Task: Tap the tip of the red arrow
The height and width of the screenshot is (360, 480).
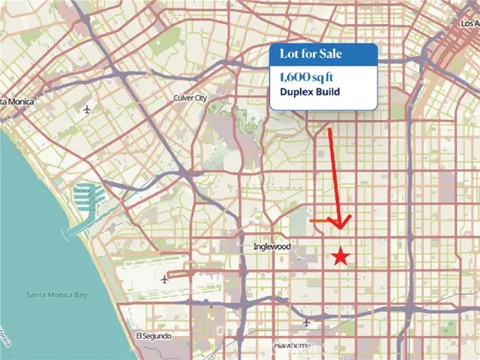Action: (341, 227)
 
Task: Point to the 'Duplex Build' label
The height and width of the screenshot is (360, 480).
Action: (310, 93)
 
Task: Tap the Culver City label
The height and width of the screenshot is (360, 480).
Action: (189, 98)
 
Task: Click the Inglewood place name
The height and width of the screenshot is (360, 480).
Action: (267, 247)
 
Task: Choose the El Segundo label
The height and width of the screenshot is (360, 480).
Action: (154, 336)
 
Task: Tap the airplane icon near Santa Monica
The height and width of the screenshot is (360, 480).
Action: (88, 109)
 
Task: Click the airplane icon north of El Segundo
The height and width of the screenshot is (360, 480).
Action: (164, 279)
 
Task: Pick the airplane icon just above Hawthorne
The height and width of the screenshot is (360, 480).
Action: (306, 322)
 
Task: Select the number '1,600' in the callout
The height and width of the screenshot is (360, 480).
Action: (290, 76)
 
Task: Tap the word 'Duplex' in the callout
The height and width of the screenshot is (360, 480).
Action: (296, 93)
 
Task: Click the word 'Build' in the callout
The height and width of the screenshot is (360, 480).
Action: (328, 93)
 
